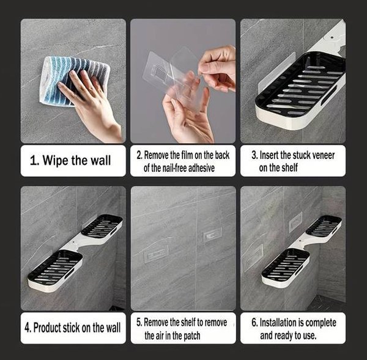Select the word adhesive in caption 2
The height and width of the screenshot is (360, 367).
(201, 168)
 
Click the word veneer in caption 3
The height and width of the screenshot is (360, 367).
(323, 155)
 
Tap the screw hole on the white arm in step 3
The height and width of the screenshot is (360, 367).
(332, 37)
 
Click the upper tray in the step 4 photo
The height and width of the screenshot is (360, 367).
(102, 226)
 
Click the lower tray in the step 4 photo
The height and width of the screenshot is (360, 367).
(55, 271)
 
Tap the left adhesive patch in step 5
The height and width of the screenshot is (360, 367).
(156, 254)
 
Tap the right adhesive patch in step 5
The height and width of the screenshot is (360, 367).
(212, 234)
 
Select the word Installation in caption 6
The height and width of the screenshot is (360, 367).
(276, 323)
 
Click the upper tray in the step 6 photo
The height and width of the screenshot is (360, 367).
(324, 226)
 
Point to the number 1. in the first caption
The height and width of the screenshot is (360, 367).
(35, 161)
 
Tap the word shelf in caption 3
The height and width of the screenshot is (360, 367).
(289, 167)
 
